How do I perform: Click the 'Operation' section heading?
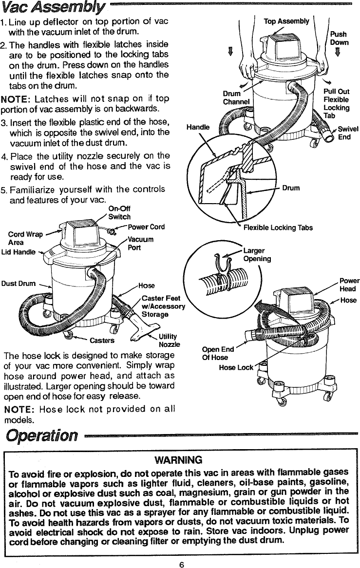click(x=40, y=435)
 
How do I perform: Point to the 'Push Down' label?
click(x=339, y=38)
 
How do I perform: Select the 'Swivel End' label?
click(x=348, y=133)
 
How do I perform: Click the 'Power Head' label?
click(x=349, y=284)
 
